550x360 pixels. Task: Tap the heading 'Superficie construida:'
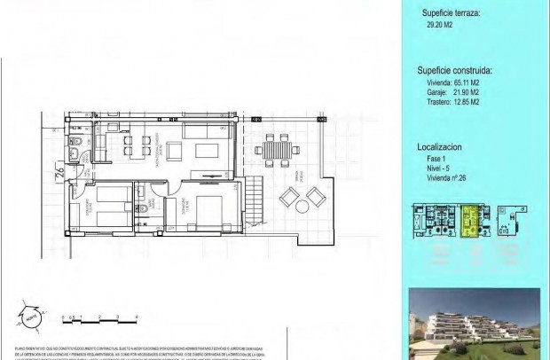tap(455, 69)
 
